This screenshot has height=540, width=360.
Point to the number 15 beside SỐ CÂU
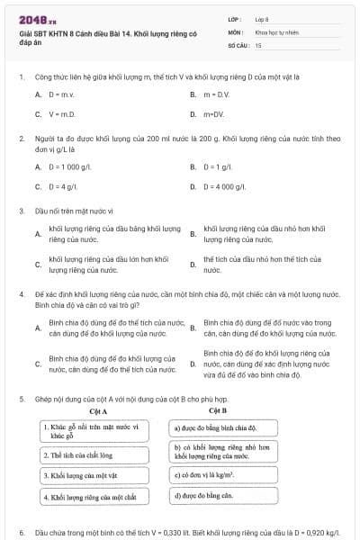point(258,44)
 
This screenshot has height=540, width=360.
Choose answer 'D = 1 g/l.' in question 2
point(220,166)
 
